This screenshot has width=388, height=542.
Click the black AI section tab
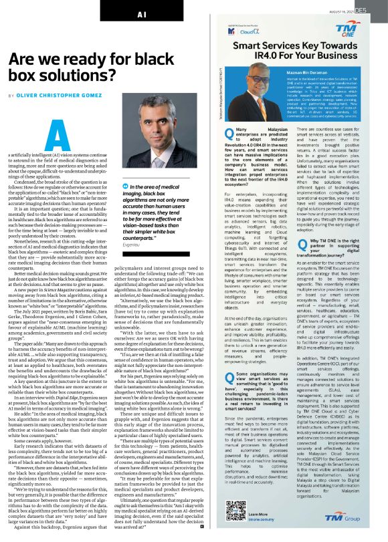141,13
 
